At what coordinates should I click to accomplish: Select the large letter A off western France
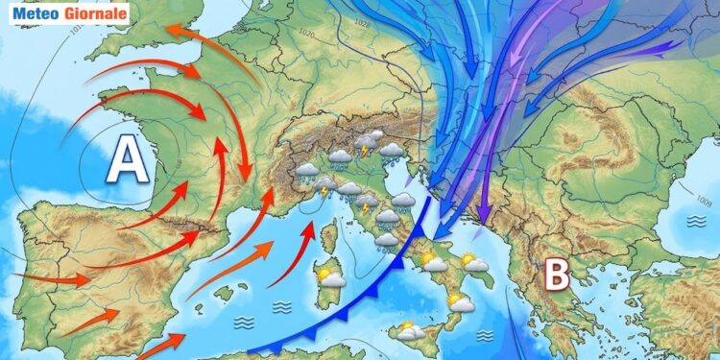click(x=127, y=159)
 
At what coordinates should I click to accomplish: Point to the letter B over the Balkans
click(x=557, y=275)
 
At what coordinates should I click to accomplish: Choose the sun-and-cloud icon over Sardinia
click(x=330, y=277)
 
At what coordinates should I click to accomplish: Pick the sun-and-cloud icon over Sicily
click(x=411, y=332)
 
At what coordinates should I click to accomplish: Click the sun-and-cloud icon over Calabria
click(x=461, y=304)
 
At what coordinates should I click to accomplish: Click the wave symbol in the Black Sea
click(x=694, y=221)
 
